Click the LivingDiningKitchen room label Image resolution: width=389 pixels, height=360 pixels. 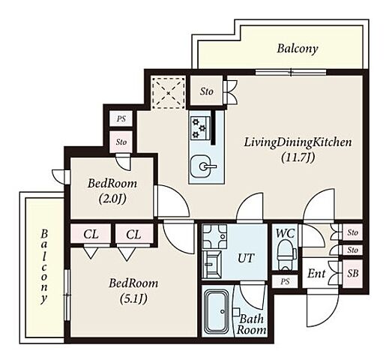298,143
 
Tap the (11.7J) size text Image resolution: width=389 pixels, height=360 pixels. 298,157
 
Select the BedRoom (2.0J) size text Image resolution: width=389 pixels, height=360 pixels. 112,199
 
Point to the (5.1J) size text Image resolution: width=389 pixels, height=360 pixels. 133,298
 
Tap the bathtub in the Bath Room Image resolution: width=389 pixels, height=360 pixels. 217,312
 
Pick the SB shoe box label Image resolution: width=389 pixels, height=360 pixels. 353,274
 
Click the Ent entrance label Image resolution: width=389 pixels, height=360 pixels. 316,274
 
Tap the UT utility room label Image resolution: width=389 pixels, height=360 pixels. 246,258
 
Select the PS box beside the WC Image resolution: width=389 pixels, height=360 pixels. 285,282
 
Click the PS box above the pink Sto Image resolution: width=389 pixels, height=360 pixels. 121,118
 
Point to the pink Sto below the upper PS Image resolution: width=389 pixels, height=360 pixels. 121,142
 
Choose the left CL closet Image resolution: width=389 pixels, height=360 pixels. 91,235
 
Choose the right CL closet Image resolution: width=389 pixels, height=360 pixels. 133,235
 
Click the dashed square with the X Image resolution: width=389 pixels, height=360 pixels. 169,93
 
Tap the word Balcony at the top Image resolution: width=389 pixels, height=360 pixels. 298,49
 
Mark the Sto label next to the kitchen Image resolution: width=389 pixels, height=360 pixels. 206,91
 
